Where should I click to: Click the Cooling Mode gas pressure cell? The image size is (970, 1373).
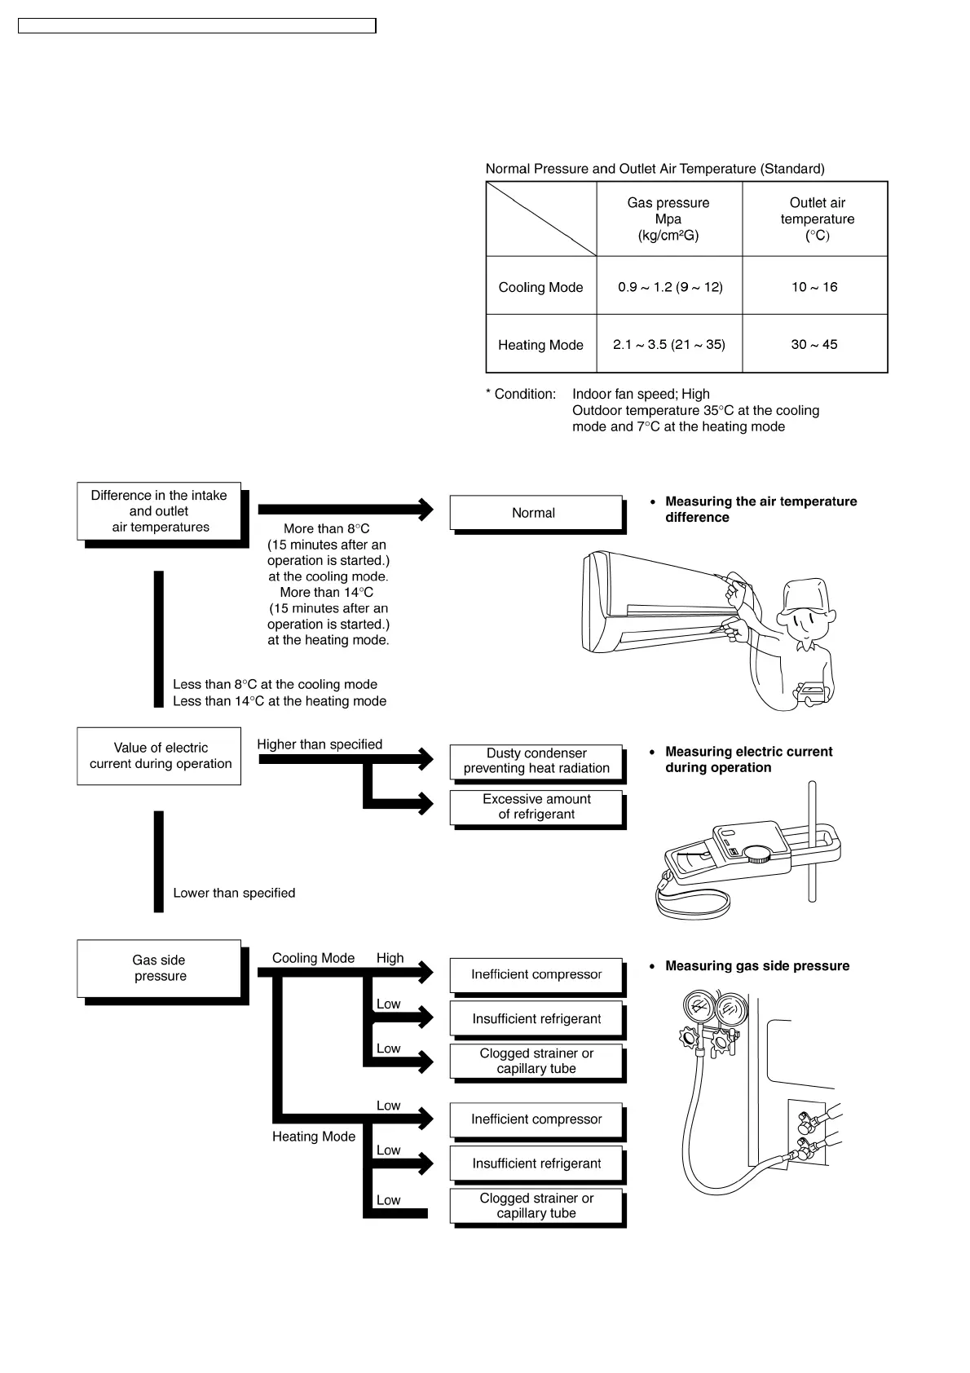pos(669,286)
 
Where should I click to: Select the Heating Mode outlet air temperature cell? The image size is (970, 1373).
pos(814,344)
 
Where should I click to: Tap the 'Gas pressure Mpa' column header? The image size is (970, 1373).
pos(668,219)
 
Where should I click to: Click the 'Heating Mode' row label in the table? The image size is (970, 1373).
pos(540,345)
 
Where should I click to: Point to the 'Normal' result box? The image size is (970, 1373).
pos(536,513)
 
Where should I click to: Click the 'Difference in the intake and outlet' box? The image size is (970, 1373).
pos(159,511)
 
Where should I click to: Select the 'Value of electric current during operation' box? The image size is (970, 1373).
pos(159,756)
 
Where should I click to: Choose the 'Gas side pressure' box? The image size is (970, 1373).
pos(159,968)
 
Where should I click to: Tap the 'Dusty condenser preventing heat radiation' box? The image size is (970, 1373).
pos(536,761)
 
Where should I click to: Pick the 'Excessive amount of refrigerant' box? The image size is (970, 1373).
pos(536,806)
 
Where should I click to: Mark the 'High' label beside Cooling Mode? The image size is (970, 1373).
pos(390,958)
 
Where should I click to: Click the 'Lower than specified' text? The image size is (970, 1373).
pos(234,893)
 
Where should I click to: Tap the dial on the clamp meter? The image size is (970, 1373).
pos(757,853)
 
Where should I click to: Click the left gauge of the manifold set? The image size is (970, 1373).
pos(698,1008)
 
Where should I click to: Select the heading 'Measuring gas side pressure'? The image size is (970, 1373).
pos(757,966)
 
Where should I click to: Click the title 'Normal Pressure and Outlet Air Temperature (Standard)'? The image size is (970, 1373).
pos(655,169)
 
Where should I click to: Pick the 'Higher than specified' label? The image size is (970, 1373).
pos(320,744)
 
